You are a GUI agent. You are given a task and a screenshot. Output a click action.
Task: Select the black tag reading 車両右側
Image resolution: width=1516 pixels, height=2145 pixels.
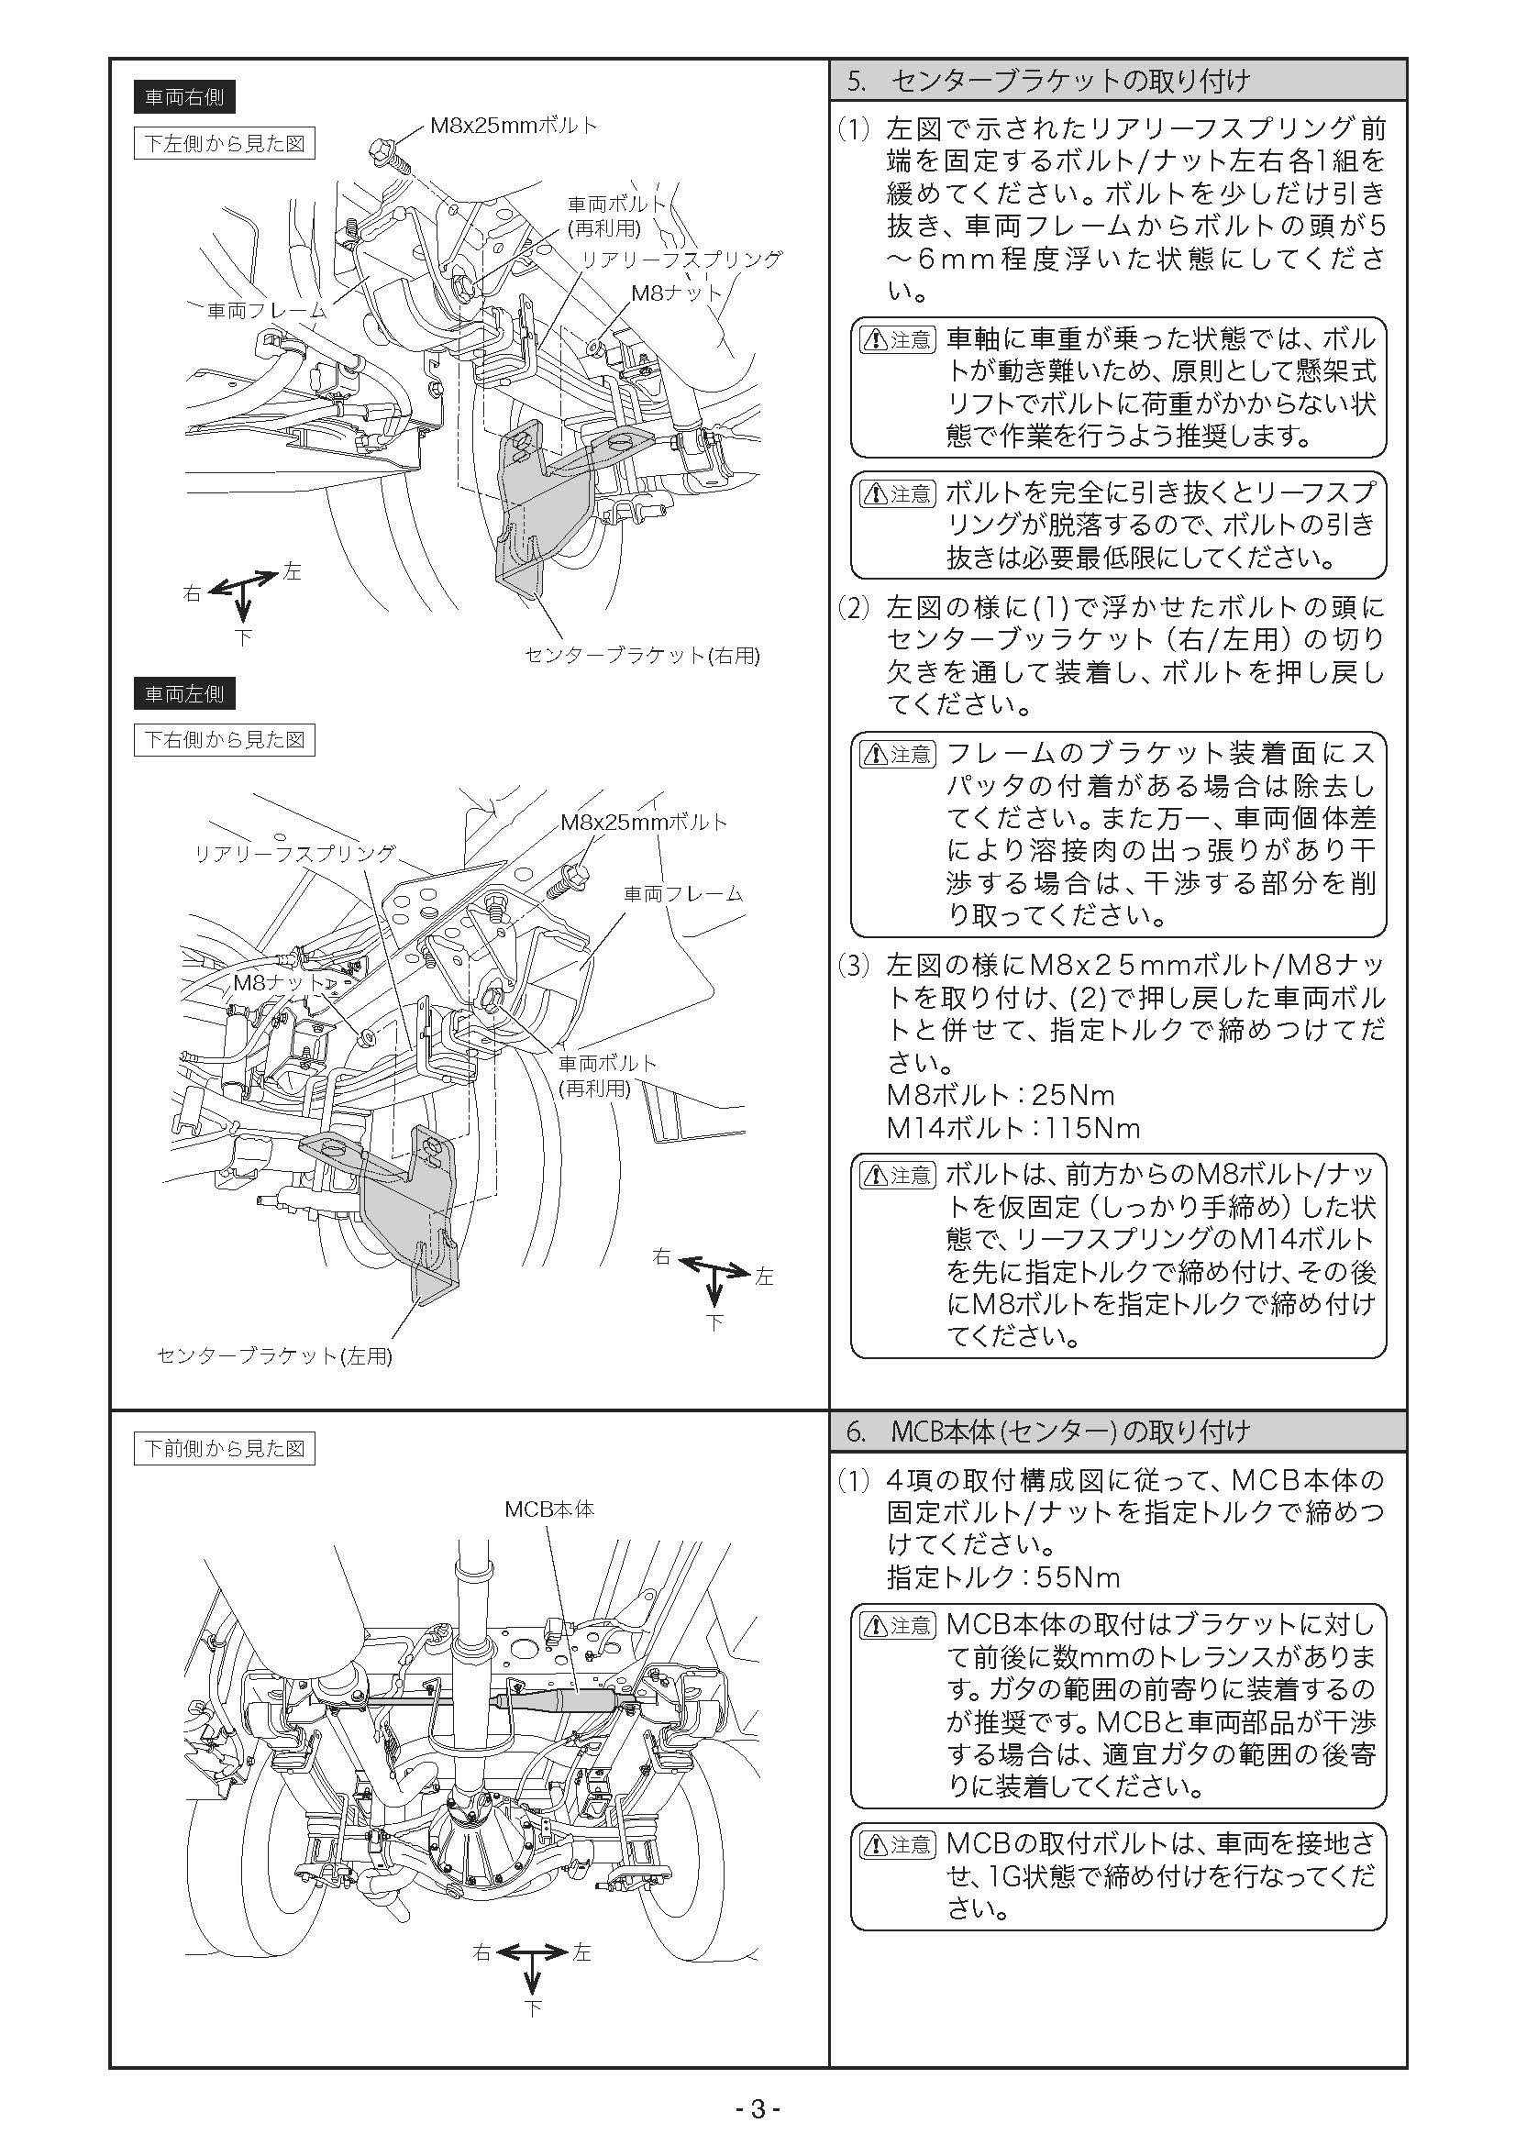[184, 96]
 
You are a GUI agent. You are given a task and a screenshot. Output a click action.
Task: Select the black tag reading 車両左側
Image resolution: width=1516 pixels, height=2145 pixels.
[184, 694]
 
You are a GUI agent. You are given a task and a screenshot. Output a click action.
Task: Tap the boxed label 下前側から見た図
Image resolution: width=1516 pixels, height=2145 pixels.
[224, 1449]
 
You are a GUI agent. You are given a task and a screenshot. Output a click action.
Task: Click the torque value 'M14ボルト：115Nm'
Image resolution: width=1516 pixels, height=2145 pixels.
[1013, 1129]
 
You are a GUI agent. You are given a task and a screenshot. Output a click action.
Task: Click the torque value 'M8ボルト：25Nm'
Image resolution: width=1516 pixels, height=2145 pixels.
[1001, 1095]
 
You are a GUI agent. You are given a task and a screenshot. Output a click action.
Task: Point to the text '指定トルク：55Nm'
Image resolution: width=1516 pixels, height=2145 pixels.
[1002, 1578]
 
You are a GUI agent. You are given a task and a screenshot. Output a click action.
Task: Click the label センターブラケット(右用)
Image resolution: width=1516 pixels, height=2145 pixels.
[642, 656]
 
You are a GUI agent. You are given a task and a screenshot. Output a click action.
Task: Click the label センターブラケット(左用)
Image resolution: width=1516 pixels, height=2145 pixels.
[274, 1356]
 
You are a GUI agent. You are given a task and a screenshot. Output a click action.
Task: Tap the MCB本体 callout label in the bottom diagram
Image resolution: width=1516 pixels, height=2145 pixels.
[549, 1509]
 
